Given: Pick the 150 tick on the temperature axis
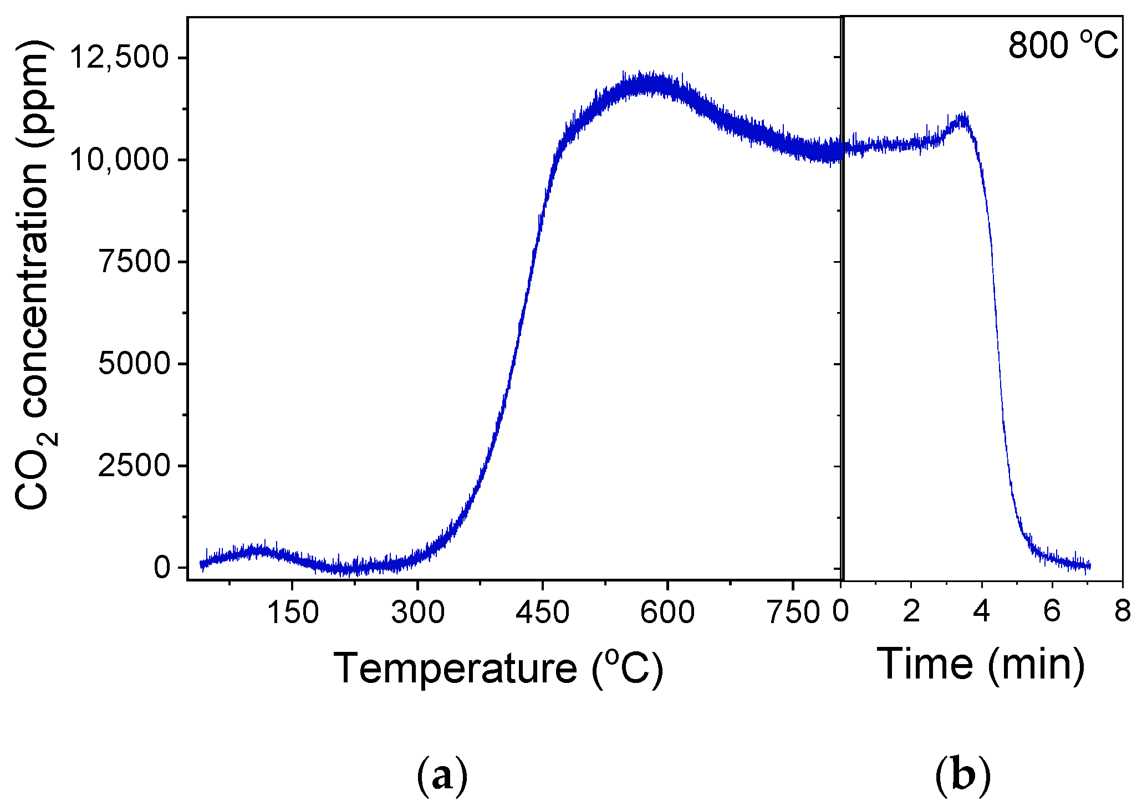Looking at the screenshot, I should tap(292, 613).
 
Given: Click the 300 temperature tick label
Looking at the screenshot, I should tap(417, 613).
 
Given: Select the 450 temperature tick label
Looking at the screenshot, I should tap(543, 613).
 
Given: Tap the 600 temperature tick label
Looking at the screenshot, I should tap(667, 613).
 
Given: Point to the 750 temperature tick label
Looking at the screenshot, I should tap(793, 613).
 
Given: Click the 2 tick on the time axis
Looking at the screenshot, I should tap(911, 611).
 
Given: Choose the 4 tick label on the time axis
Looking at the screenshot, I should tap(982, 611).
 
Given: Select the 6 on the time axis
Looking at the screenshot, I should tap(1052, 611).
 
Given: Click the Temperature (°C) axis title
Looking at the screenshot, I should tap(498, 668).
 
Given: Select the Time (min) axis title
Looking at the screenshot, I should tap(980, 664).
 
